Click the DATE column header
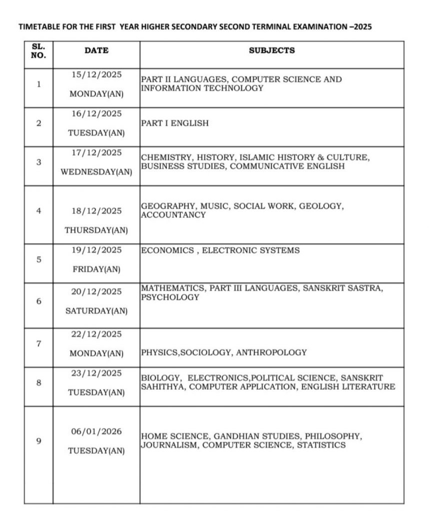click(96, 50)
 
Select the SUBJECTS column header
click(272, 50)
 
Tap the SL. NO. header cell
click(38, 50)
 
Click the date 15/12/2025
click(96, 74)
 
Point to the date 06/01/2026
click(96, 431)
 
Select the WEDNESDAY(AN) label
click(96, 172)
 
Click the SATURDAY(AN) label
click(96, 311)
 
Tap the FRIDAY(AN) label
click(96, 269)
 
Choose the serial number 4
click(38, 211)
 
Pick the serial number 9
click(38, 441)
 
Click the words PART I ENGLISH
click(175, 123)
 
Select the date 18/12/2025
click(96, 211)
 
